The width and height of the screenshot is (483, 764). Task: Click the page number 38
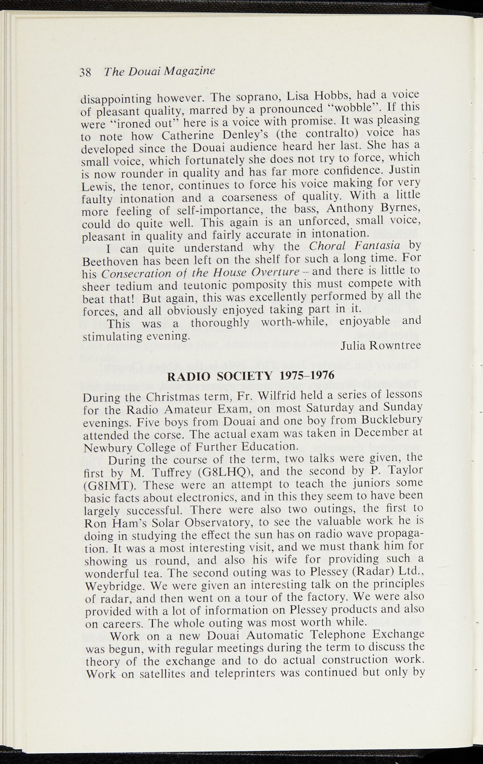click(85, 72)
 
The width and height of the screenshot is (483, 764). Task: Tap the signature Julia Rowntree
click(381, 345)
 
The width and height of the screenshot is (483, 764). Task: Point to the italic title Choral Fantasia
click(355, 245)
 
